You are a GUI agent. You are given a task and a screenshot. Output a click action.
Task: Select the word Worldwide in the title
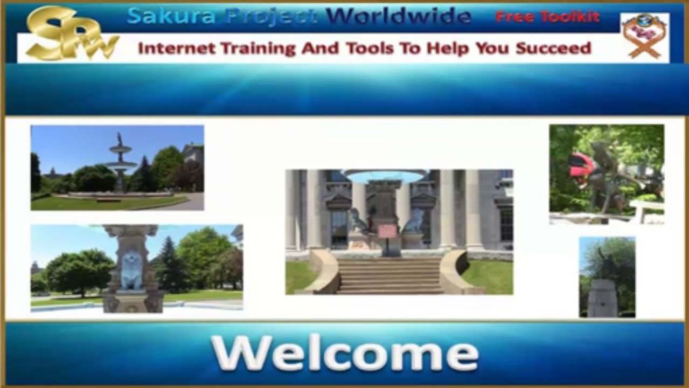pyautogui.click(x=399, y=16)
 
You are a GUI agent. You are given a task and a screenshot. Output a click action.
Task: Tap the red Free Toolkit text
pyautogui.click(x=547, y=17)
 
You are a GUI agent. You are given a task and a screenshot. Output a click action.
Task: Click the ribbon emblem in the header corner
pyautogui.click(x=644, y=35)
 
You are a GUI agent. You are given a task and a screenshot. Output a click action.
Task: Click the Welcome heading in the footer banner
pyautogui.click(x=345, y=354)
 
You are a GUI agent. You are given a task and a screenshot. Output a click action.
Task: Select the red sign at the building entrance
pyautogui.click(x=387, y=231)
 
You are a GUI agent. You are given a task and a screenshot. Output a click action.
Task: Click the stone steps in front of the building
pyautogui.click(x=390, y=275)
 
